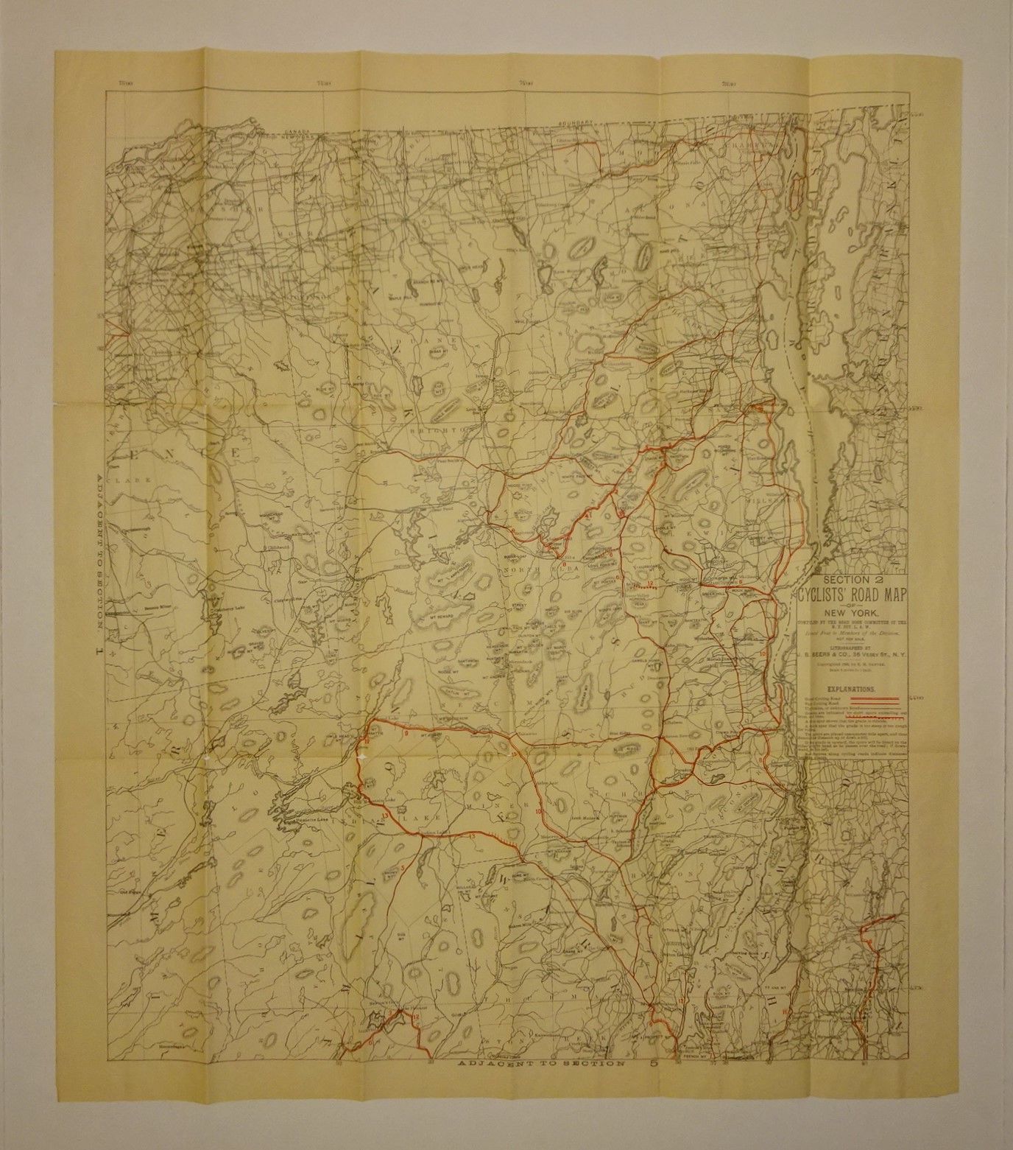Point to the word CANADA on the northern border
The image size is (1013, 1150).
pyautogui.click(x=292, y=135)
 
